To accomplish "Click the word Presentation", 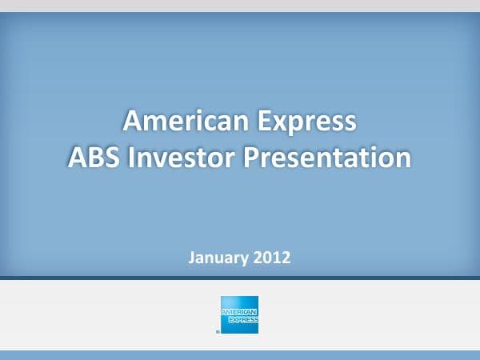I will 328,156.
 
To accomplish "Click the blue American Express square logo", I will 239,314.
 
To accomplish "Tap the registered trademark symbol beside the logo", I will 218,330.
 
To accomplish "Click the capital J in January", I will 191,258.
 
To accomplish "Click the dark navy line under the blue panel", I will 240,278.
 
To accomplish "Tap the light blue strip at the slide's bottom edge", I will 240,354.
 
